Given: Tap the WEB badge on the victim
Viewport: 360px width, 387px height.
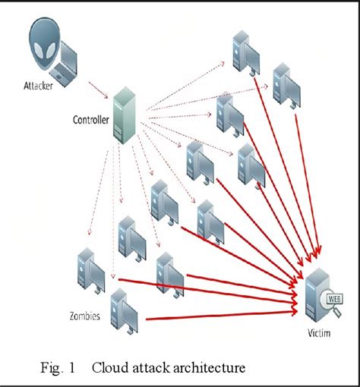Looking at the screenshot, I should pyautogui.click(x=333, y=297).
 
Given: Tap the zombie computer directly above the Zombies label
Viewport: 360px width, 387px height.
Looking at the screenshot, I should pyautogui.click(x=92, y=265).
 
